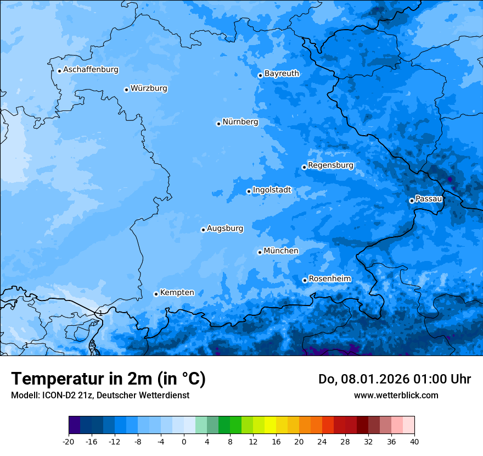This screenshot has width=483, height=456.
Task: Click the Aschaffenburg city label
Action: tap(91, 70)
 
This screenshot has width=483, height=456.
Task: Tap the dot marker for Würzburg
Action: tap(126, 90)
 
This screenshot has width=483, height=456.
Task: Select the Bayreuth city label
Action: tap(282, 73)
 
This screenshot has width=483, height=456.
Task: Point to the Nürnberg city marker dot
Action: tap(218, 124)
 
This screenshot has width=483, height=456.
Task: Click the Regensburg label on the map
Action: tap(330, 165)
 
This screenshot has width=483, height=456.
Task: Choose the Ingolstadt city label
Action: tap(272, 190)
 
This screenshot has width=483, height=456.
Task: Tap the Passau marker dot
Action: tap(412, 201)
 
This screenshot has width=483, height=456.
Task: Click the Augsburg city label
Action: tap(224, 228)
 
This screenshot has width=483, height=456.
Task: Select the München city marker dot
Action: tap(260, 252)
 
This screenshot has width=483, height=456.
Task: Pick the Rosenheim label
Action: tap(329, 279)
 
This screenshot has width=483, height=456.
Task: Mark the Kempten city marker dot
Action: tap(156, 294)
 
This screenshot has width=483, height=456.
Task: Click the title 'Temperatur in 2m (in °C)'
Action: tap(108, 379)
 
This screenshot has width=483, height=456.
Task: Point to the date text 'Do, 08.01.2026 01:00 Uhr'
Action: tap(395, 379)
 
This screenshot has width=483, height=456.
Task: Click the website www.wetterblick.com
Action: tap(396, 395)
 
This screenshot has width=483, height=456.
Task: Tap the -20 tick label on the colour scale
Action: tap(69, 441)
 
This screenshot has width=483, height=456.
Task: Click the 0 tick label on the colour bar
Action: tap(184, 441)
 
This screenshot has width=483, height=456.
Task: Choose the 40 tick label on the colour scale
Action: tap(414, 441)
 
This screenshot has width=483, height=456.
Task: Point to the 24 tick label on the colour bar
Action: tap(322, 441)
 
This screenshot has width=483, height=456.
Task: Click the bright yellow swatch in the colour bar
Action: tap(270, 425)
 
